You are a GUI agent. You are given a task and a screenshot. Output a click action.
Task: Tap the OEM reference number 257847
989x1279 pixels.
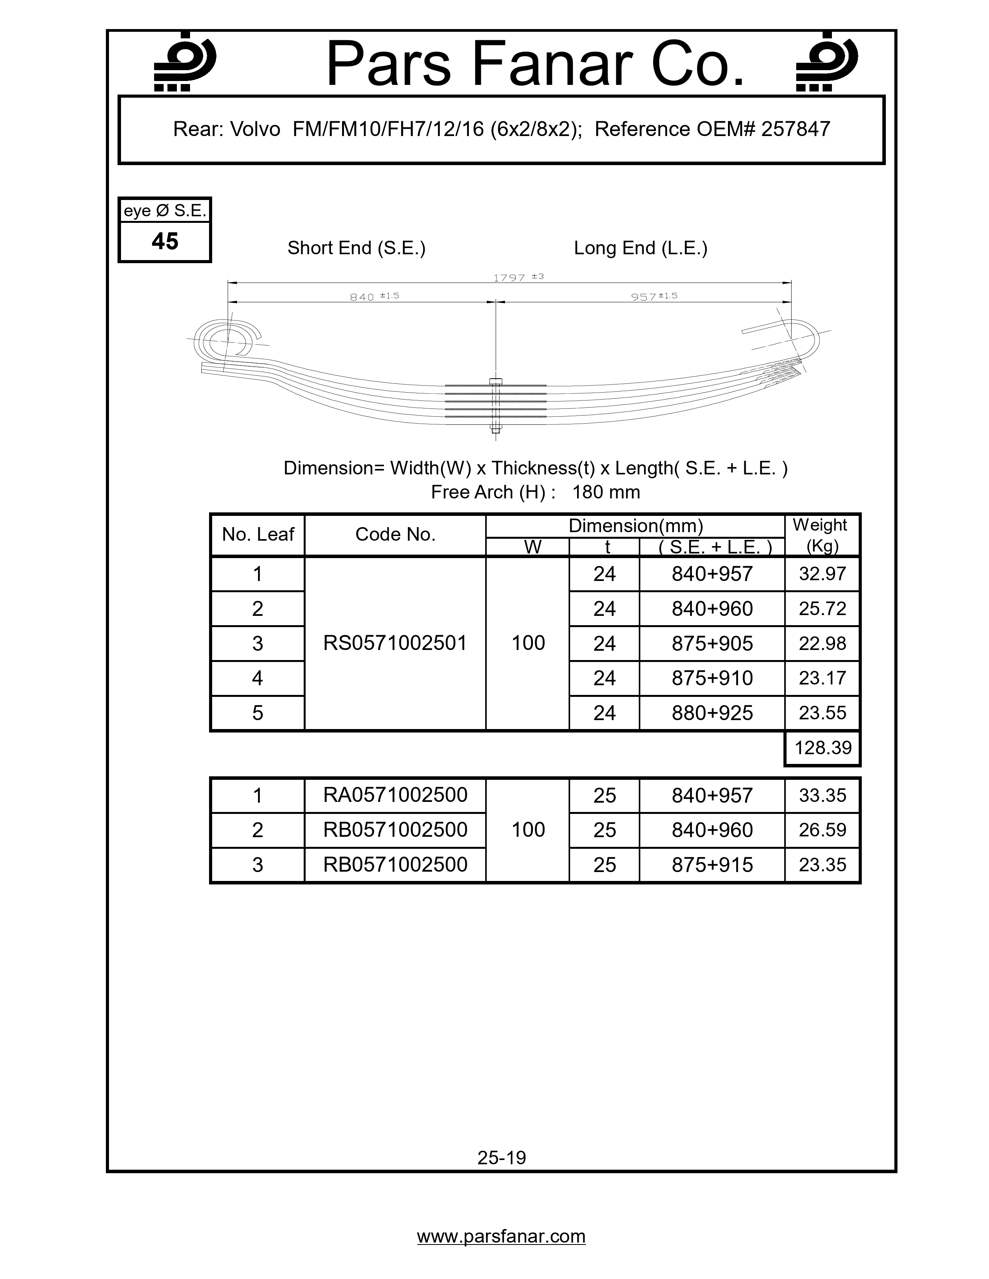click(795, 129)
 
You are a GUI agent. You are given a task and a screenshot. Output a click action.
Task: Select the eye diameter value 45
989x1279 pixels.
click(164, 241)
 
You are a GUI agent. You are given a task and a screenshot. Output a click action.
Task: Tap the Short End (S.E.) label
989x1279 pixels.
click(356, 248)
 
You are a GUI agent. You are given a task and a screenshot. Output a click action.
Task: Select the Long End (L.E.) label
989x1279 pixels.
click(640, 248)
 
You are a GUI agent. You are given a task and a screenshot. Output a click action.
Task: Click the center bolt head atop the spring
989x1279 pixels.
click(496, 381)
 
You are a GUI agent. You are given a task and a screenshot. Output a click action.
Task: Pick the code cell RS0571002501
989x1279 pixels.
click(395, 643)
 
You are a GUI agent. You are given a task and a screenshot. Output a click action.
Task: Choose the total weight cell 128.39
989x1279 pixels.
click(822, 748)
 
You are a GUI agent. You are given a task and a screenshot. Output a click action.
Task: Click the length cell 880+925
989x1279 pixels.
click(712, 713)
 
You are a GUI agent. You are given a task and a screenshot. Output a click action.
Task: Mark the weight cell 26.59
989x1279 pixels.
click(822, 830)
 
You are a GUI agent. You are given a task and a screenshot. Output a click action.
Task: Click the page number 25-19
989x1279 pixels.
click(501, 1158)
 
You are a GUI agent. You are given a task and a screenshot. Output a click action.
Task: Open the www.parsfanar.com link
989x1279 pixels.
click(501, 1237)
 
